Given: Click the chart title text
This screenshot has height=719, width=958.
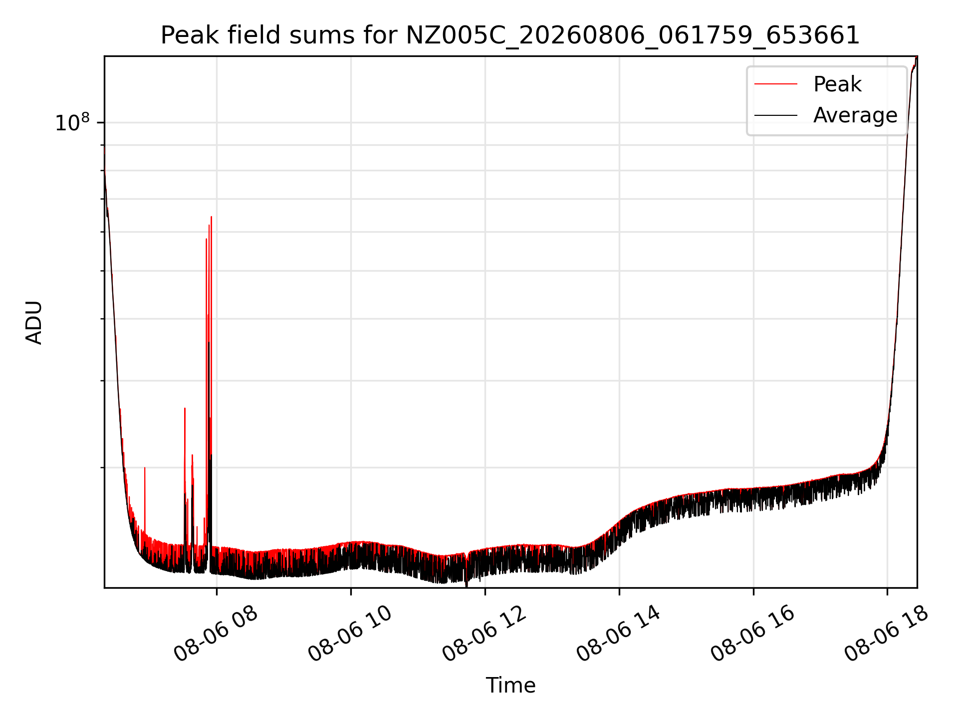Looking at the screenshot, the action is point(510,35).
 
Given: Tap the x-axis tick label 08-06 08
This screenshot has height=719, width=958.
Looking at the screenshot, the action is point(216,634).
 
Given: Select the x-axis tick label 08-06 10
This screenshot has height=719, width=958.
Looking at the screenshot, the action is point(350,634).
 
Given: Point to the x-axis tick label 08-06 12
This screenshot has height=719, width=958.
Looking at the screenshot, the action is point(484,634).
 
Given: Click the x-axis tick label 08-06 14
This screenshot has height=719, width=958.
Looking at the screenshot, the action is point(618,634).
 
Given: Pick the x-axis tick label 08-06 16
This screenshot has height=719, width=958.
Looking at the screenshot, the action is point(752,634).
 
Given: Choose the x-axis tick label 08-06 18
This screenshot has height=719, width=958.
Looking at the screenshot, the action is point(887,634).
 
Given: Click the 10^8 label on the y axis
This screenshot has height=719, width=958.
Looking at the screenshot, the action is point(72,122).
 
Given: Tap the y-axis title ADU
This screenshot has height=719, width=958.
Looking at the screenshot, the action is point(34,322).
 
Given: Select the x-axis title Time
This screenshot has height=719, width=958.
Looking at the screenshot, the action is point(510,686).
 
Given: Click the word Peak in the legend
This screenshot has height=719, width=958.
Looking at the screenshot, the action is point(837,84).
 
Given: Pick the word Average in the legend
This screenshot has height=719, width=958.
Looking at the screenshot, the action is point(855,115).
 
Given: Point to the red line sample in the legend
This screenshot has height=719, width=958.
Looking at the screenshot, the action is point(776,84).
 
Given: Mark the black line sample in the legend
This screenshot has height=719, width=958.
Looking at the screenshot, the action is point(776,115).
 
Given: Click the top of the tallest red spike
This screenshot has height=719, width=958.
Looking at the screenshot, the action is point(212,217).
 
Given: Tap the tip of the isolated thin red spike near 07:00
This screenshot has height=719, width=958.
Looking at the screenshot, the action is point(145,468).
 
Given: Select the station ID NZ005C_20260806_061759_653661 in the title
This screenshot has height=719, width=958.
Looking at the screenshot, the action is point(633,36).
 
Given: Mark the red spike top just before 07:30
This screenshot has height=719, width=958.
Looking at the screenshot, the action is point(185,408).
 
